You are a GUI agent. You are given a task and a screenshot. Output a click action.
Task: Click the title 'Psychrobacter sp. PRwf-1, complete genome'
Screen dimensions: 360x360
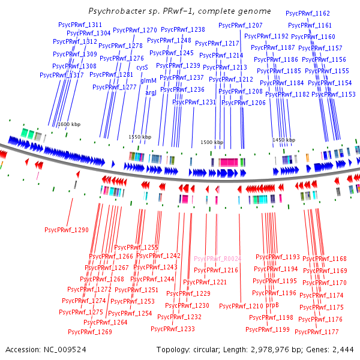[x=179, y=11]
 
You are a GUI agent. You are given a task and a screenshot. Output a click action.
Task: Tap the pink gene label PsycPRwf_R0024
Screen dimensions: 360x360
[x=217, y=259]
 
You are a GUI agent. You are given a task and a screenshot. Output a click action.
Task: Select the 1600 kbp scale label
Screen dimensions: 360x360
[x=69, y=124]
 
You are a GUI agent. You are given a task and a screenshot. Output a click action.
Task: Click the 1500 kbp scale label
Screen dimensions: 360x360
[x=211, y=143]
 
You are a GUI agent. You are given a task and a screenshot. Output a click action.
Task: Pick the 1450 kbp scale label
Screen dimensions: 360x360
[x=283, y=140]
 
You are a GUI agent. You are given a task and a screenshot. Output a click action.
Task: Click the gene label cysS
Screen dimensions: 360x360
[x=142, y=68]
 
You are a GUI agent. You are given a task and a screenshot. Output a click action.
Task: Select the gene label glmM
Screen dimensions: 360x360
[x=148, y=80]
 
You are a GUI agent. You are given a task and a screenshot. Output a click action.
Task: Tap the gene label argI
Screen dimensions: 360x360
[x=151, y=93]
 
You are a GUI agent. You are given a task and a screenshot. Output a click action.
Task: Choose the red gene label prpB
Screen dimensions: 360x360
[x=272, y=305]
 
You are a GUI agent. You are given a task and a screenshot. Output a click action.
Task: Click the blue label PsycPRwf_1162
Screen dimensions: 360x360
[x=308, y=13]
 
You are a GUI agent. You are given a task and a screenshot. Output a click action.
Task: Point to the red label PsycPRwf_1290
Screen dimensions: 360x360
[x=67, y=230]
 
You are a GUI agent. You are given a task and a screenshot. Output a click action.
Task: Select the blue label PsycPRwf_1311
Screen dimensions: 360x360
[x=80, y=25]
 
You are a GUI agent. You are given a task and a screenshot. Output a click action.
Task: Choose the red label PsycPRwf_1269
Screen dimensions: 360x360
[x=90, y=332]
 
